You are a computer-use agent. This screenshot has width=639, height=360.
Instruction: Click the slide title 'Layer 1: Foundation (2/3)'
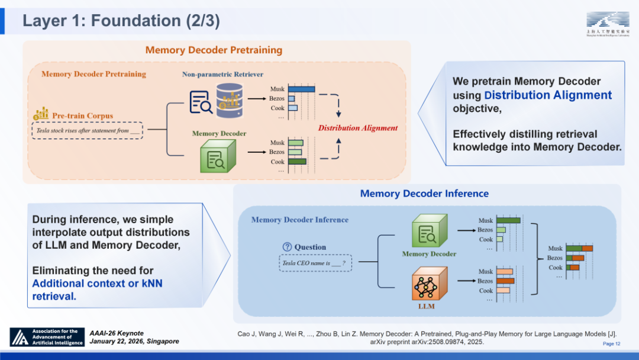point(121,21)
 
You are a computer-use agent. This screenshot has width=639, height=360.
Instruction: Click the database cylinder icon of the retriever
point(230,100)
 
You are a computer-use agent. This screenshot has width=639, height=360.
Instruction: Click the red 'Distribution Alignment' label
point(358,128)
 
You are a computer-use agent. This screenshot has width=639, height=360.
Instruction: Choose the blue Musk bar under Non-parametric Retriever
point(302,89)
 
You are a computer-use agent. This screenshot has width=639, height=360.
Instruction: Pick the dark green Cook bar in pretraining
point(298,161)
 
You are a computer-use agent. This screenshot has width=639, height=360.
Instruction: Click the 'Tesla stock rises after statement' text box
point(87,130)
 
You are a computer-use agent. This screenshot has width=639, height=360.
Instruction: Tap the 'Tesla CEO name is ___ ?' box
point(315,263)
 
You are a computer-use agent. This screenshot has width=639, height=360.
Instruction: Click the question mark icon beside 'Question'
point(288,247)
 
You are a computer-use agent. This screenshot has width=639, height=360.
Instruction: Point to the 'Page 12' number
point(612,344)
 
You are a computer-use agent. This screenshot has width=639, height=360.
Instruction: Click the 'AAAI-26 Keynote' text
point(117,333)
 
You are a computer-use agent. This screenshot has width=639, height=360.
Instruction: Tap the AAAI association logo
point(47,337)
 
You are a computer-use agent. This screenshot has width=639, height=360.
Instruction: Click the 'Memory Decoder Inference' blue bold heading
point(424,194)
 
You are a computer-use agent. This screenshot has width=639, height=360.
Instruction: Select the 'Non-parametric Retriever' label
point(222,74)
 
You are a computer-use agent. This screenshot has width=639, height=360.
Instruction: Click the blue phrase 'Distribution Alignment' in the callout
point(548,95)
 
